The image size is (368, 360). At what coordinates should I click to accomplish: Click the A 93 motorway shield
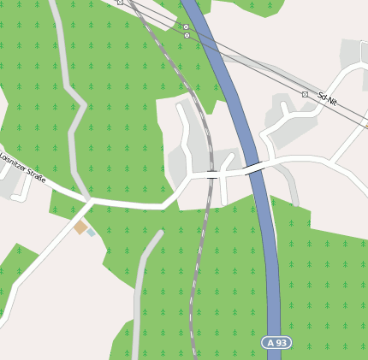pyautogui.click(x=276, y=342)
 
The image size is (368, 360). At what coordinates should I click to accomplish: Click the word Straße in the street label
pyautogui.click(x=36, y=174)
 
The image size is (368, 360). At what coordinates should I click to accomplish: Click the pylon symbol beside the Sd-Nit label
pyautogui.click(x=305, y=94)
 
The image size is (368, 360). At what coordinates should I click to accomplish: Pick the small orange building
pyautogui.click(x=80, y=227)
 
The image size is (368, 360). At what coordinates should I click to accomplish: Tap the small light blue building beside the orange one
pyautogui.click(x=91, y=232)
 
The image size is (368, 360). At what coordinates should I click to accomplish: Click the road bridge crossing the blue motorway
pyautogui.click(x=255, y=169)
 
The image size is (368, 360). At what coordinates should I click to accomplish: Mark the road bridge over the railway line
pyautogui.click(x=211, y=174)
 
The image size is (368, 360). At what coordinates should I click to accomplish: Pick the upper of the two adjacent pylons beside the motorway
pyautogui.click(x=186, y=27)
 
